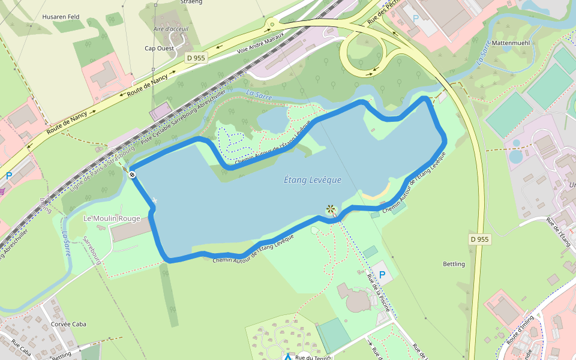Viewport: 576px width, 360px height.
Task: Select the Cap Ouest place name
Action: (158, 48)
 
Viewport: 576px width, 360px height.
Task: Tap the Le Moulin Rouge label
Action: (112, 218)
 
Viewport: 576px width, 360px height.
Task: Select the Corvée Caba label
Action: (69, 324)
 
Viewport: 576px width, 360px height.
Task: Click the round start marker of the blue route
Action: (132, 175)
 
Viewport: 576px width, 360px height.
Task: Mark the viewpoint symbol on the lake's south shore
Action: (331, 209)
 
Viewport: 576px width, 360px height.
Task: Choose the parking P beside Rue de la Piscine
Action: (382, 275)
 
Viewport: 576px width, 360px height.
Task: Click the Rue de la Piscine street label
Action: (379, 294)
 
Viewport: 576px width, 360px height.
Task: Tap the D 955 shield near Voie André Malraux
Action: (196, 58)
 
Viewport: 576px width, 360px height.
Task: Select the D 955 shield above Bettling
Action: (479, 239)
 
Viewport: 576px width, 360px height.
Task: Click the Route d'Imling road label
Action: (521, 331)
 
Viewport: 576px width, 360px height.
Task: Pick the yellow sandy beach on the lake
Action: (377, 193)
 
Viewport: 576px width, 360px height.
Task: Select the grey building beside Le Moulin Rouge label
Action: (128, 230)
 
